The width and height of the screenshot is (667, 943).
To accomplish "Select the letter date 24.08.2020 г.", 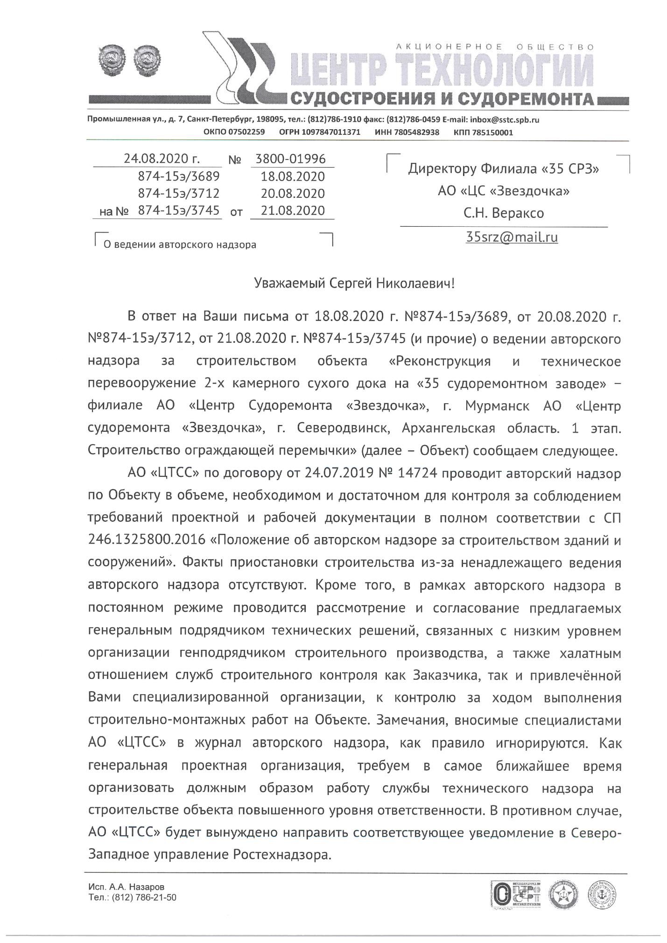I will pos(161,159).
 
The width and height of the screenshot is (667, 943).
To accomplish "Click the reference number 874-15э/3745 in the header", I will pos(179,210).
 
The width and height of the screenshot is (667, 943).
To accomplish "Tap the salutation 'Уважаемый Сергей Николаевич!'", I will pos(354,283).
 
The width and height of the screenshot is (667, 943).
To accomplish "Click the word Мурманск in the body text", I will pos(497,406).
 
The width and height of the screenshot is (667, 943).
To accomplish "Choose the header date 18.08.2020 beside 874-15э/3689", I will pos(293,176).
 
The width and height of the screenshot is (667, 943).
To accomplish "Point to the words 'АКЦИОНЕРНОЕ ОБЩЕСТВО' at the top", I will pos(495,47).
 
